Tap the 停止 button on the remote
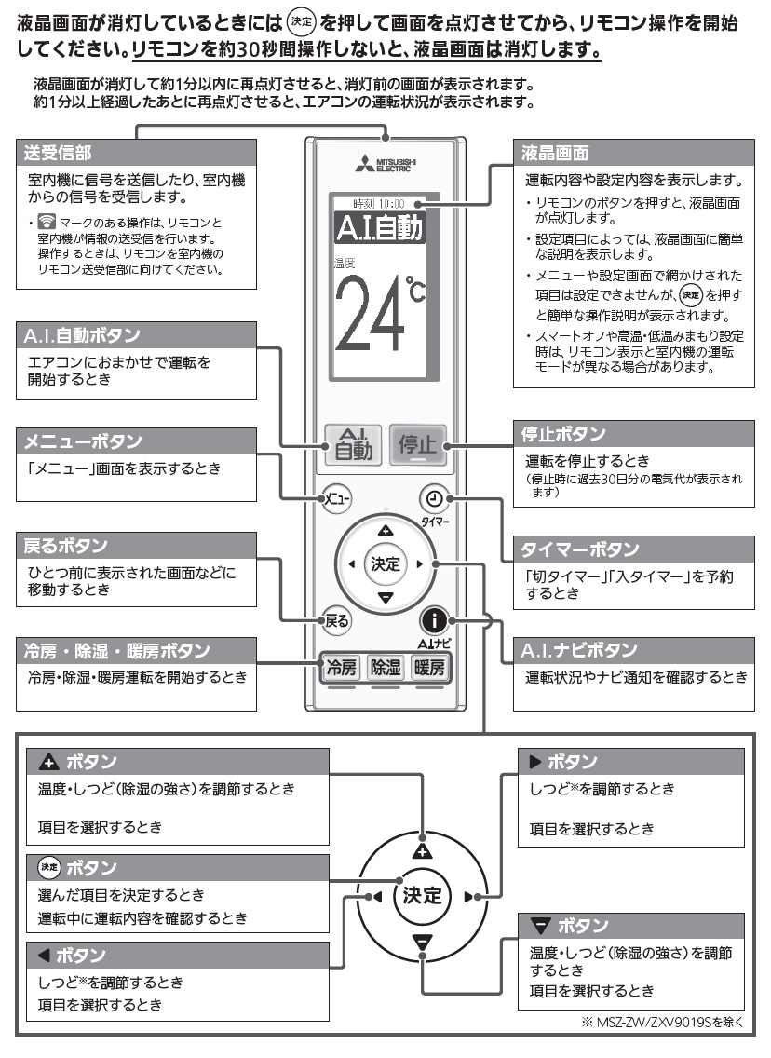pos(417,445)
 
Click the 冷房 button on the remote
pos(339,667)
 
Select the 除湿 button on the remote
pos(385,667)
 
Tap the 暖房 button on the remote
pos(429,667)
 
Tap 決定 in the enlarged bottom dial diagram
pos(422,895)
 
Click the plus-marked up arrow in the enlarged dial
pos(423,848)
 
